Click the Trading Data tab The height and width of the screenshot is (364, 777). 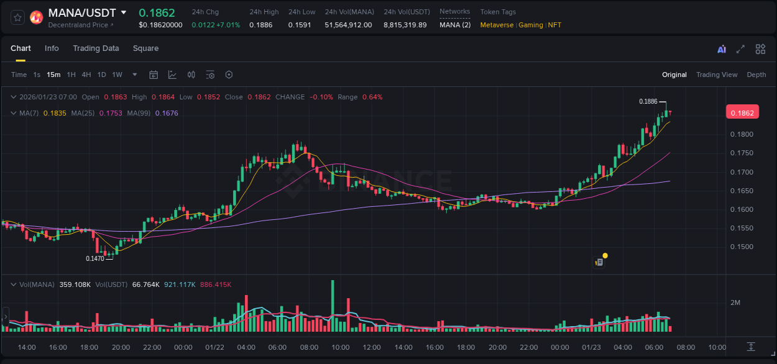click(96, 48)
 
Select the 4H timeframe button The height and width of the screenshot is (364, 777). click(86, 75)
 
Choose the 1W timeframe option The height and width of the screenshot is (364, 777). click(117, 75)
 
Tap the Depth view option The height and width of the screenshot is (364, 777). click(756, 75)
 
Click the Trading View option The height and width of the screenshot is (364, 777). click(716, 75)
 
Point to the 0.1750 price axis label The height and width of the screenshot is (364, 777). click(741, 153)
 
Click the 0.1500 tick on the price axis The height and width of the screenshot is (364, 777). click(741, 247)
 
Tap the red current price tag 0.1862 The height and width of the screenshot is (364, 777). click(742, 112)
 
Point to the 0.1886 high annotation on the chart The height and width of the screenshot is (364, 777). click(648, 101)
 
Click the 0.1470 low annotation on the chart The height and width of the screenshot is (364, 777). click(95, 258)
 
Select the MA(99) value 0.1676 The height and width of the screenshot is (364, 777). click(167, 113)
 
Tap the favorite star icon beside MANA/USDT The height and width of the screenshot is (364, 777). click(18, 17)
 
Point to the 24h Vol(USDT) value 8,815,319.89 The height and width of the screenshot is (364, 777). click(405, 25)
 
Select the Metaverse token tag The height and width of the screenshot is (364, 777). click(497, 25)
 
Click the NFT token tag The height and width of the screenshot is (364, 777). click(554, 25)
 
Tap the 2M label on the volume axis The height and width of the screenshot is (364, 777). click(735, 303)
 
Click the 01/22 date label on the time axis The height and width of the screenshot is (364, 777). click(214, 347)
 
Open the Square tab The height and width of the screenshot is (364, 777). click(145, 48)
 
